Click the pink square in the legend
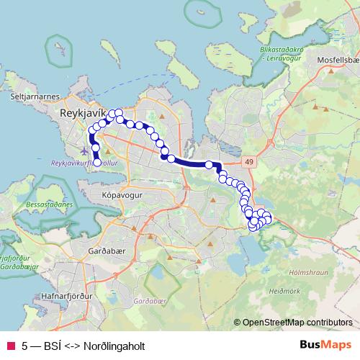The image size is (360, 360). click(10, 346)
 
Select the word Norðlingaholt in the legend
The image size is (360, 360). click(114, 346)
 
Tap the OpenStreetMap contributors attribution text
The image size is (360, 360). click(297, 322)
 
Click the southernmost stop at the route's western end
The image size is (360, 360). click(97, 162)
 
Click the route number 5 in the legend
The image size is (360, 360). click(25, 346)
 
